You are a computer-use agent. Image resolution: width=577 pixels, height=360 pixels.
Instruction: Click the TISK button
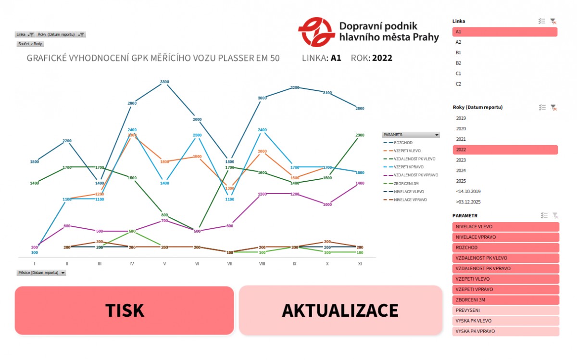(x=124, y=310)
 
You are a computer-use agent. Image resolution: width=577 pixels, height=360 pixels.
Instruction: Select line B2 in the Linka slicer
(x=458, y=63)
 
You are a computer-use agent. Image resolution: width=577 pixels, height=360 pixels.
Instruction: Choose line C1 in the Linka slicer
(x=458, y=74)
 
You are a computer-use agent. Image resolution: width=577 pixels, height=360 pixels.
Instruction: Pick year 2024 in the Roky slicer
(x=461, y=171)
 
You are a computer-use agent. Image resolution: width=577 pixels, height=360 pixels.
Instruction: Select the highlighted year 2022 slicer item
(x=505, y=149)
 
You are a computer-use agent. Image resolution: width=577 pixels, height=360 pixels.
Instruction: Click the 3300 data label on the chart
(x=164, y=82)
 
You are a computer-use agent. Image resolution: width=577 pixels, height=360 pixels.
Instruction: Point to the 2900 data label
(x=132, y=103)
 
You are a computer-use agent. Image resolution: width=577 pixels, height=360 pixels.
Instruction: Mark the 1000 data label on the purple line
(x=327, y=205)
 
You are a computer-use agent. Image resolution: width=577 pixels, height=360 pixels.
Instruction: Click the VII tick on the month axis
(x=230, y=264)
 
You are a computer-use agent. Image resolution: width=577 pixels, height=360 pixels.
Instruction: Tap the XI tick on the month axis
(x=360, y=264)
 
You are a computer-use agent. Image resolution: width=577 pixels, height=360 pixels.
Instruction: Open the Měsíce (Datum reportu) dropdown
(x=63, y=273)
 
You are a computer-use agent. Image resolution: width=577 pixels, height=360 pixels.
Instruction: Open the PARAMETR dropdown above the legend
(x=436, y=135)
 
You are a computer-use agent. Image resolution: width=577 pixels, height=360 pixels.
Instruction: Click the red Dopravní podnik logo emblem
(x=316, y=31)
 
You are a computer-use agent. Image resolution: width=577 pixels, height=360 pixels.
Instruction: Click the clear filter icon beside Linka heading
(x=553, y=21)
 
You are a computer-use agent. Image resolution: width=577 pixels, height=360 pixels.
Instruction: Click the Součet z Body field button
(x=30, y=44)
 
